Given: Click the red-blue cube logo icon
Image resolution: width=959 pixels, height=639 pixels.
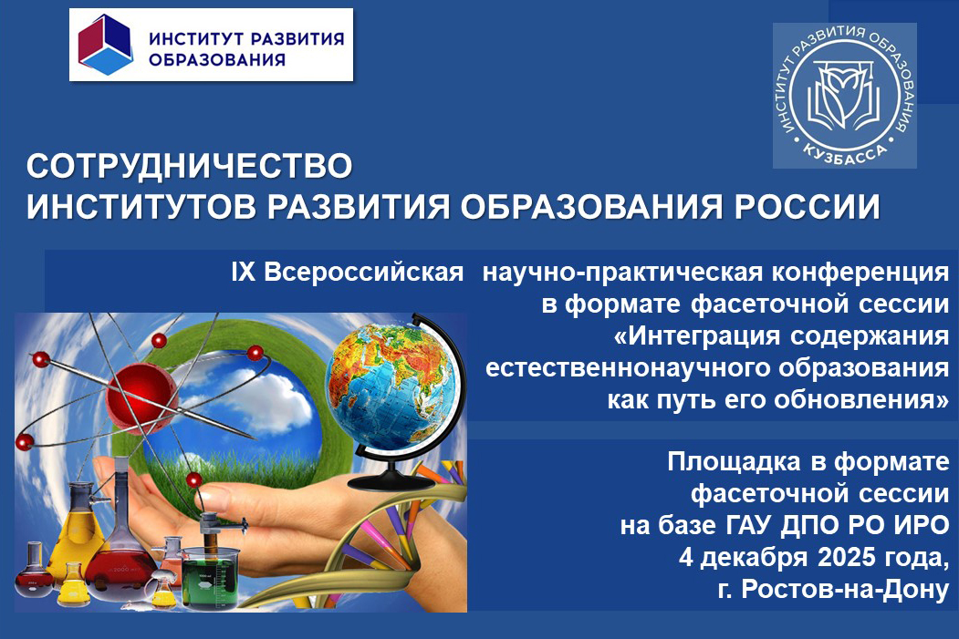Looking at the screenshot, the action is (106, 45).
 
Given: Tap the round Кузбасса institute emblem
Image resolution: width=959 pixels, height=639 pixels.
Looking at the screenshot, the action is (845, 96).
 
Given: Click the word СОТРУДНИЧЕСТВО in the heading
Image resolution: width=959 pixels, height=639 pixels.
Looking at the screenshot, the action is (190, 166).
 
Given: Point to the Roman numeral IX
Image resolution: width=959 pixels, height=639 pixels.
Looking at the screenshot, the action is (244, 273).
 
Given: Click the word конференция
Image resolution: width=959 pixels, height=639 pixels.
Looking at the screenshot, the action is (860, 273).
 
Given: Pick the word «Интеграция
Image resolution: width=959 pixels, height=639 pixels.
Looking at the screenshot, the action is (696, 336).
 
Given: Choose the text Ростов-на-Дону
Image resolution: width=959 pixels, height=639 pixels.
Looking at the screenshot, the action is (845, 589).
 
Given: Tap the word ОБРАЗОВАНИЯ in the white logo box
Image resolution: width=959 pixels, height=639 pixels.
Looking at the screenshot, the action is (217, 59).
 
